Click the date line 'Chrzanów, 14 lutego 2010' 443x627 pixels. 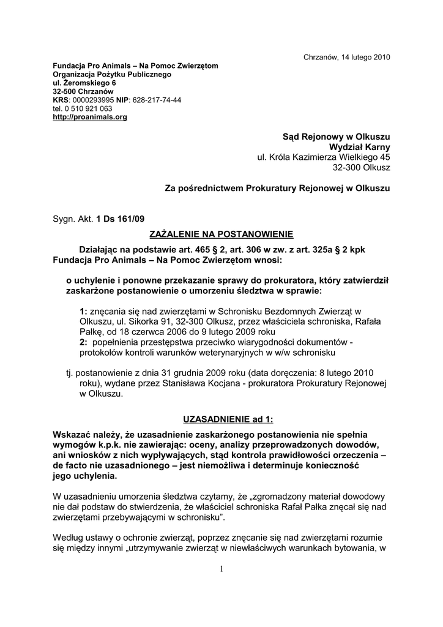click(x=347, y=57)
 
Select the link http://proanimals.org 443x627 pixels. click(x=90, y=116)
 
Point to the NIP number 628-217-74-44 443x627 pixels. click(x=157, y=99)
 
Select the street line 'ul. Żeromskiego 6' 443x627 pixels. click(x=84, y=82)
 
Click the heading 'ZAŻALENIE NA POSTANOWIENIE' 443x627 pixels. click(x=221, y=234)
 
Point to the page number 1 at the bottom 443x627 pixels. click(x=221, y=569)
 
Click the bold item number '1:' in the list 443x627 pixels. click(x=84, y=310)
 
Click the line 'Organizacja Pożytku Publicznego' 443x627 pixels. click(x=112, y=73)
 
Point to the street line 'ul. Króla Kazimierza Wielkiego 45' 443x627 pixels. click(x=323, y=157)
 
